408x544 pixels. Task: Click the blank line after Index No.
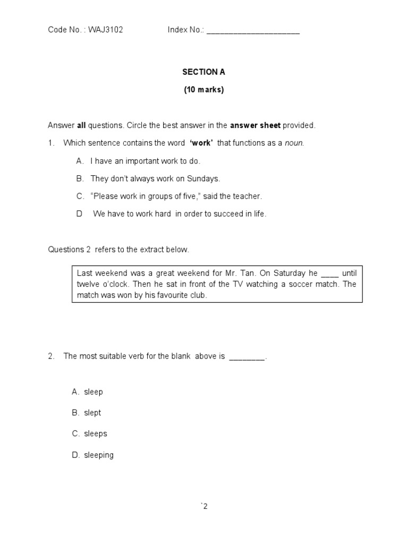253,31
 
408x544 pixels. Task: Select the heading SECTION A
200,72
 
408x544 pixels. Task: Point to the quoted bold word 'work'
201,143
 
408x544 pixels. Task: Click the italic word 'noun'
294,143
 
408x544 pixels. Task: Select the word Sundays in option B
204,178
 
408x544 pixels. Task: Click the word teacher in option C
248,196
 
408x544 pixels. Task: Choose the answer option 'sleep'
93,392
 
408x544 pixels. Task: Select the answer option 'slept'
92,413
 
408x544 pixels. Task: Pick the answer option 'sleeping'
98,455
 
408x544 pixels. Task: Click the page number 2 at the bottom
205,506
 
